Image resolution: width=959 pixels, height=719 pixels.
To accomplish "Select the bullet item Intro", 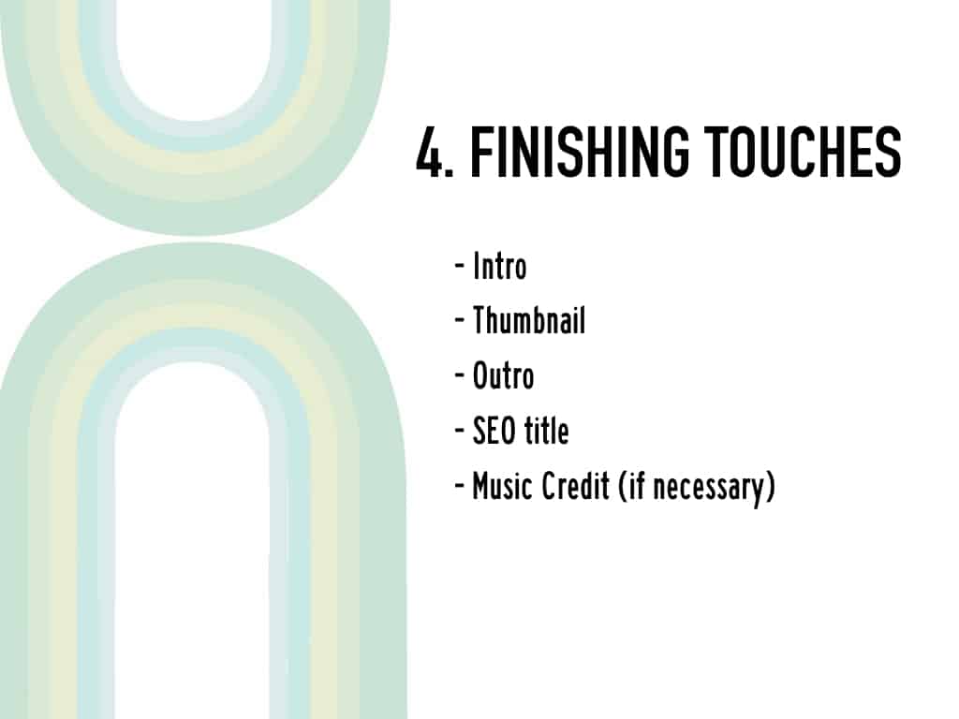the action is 500,267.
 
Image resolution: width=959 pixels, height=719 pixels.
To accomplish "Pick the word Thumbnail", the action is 529,320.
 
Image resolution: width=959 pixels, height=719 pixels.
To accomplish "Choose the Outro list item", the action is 503,375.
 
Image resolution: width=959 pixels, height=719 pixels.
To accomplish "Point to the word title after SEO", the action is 546,431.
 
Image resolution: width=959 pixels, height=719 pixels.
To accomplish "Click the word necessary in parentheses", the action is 710,489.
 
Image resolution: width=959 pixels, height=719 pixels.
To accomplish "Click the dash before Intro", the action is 460,267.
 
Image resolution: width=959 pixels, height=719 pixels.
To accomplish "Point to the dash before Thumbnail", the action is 460,320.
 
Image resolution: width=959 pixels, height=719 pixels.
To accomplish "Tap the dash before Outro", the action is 460,376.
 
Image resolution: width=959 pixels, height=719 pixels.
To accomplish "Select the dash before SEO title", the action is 460,431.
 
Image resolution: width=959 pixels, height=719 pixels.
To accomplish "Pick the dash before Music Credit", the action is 460,487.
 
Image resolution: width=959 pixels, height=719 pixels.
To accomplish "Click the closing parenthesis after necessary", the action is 771,489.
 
